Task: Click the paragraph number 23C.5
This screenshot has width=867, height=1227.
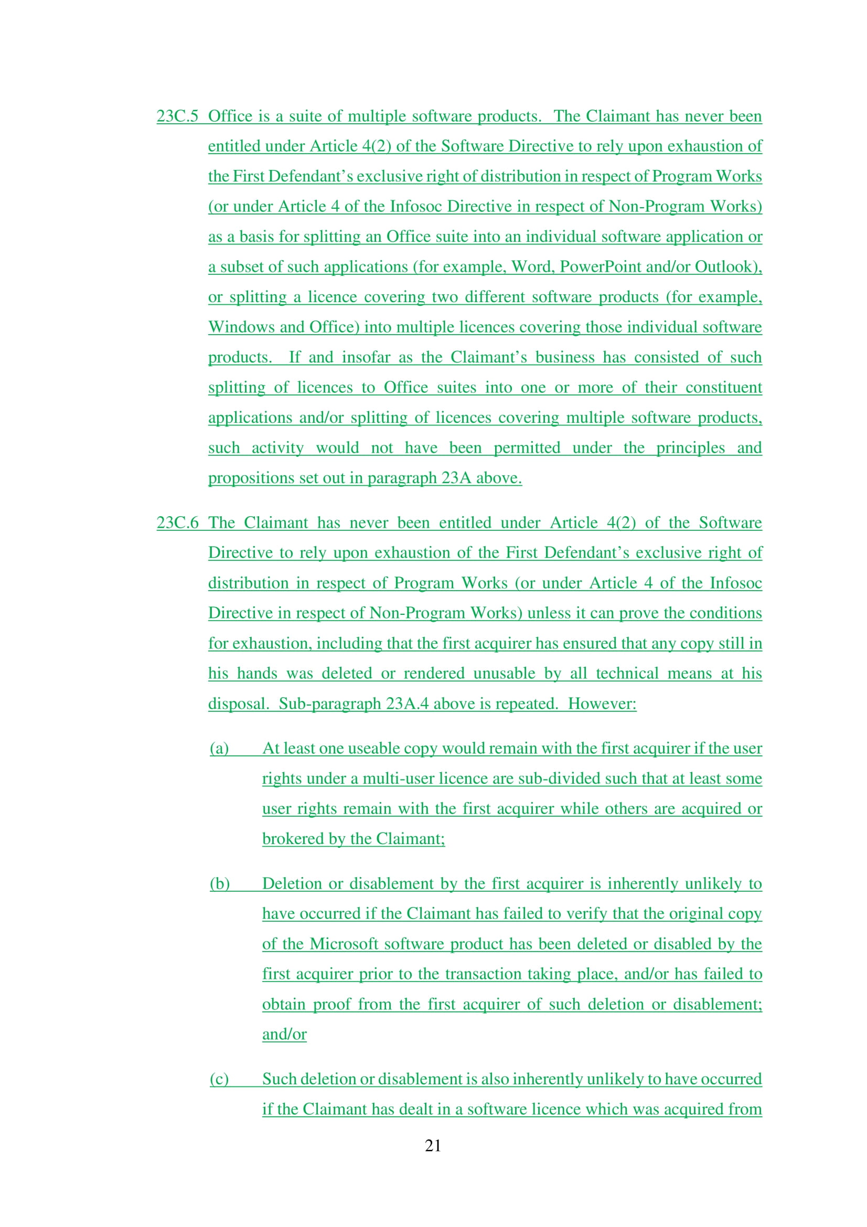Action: (177, 116)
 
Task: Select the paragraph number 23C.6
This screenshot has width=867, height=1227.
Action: (177, 522)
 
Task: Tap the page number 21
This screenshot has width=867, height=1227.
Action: (433, 1145)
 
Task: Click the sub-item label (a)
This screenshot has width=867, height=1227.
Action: (219, 748)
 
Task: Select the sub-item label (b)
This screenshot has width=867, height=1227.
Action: (219, 883)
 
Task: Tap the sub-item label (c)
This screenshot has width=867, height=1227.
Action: (219, 1079)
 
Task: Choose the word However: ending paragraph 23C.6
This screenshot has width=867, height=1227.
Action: (602, 703)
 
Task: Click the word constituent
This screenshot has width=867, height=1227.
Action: (723, 388)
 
